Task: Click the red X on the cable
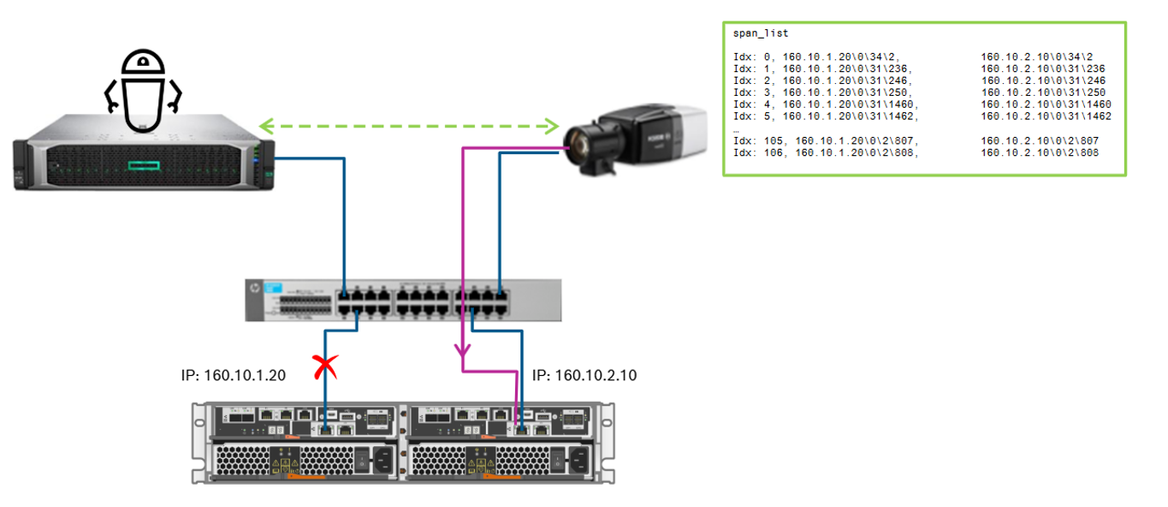tap(325, 367)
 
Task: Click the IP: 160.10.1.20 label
tap(233, 375)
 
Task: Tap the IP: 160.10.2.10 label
tap(584, 375)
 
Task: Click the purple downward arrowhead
tap(463, 350)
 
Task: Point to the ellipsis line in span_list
tap(737, 128)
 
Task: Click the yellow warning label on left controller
tap(283, 463)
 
